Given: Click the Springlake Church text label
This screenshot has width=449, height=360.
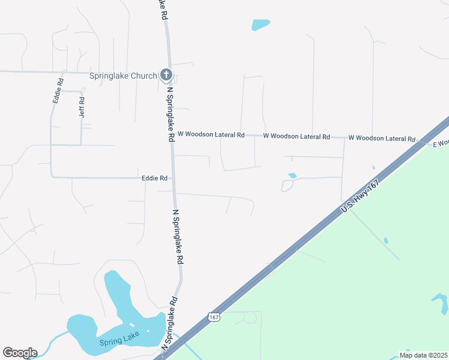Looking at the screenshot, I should [122, 76].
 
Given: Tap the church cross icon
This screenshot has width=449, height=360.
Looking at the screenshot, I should [166, 75].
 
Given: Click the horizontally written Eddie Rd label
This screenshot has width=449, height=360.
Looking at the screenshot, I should [154, 178].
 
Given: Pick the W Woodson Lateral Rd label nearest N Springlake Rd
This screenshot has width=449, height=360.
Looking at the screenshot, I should [211, 135].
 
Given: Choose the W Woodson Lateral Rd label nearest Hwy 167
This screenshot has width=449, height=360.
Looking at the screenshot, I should [382, 138].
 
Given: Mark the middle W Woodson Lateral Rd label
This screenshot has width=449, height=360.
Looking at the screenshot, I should [297, 136].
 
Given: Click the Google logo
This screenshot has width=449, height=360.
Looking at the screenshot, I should [20, 353].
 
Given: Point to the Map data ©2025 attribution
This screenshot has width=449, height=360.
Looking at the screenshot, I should [423, 355].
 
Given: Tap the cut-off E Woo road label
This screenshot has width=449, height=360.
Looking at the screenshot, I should [441, 143].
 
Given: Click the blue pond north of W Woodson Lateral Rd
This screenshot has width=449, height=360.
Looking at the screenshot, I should [260, 25].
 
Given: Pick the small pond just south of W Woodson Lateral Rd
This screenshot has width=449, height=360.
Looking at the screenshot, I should [292, 175].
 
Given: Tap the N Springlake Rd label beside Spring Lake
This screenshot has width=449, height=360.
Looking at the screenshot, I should [169, 325].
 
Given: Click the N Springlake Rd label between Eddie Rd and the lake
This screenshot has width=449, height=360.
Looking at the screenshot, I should [177, 237].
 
